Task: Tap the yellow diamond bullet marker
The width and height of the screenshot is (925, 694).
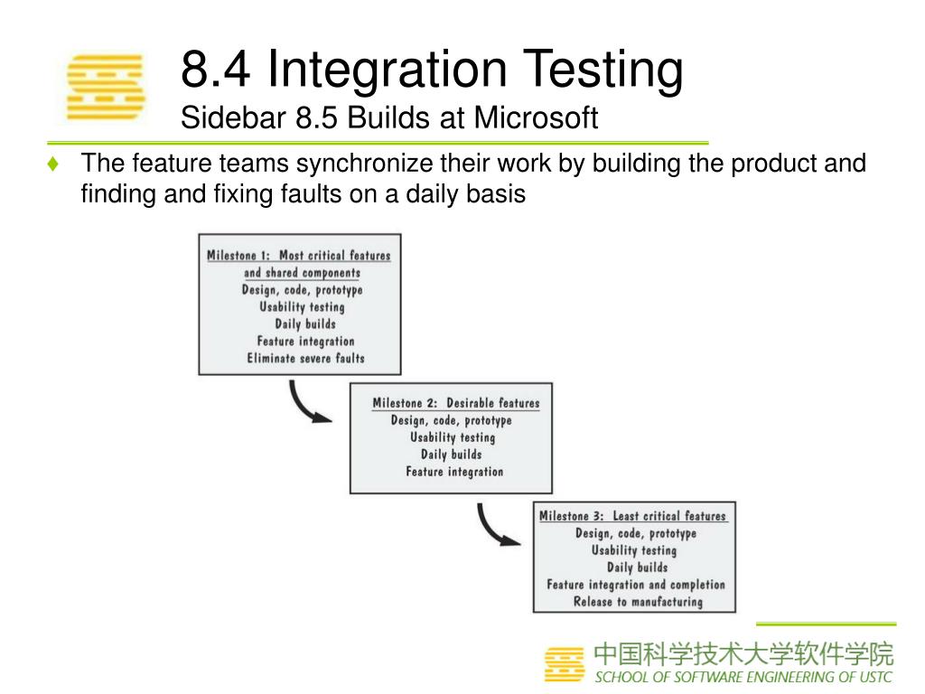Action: (54, 164)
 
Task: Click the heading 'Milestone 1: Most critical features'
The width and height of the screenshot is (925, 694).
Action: (299, 256)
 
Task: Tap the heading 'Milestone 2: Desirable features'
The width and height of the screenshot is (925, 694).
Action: (455, 403)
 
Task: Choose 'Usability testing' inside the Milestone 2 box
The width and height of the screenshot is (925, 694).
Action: (453, 437)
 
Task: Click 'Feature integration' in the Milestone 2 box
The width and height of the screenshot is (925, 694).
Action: (454, 472)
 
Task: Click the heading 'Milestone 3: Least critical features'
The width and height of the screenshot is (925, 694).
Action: (632, 516)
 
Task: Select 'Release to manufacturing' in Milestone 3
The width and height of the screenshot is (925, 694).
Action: (638, 602)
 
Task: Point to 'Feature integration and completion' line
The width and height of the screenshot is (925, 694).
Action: (636, 585)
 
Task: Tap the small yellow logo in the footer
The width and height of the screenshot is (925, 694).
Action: (565, 664)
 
